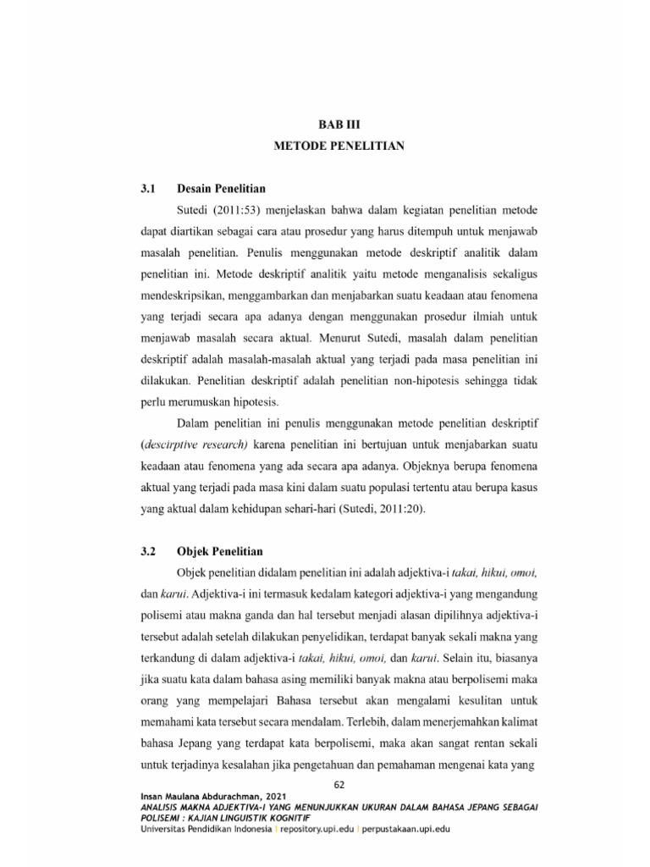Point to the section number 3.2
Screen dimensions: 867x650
click(150, 551)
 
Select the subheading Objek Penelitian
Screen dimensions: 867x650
click(219, 551)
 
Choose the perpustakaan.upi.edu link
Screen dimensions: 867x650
click(405, 829)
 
